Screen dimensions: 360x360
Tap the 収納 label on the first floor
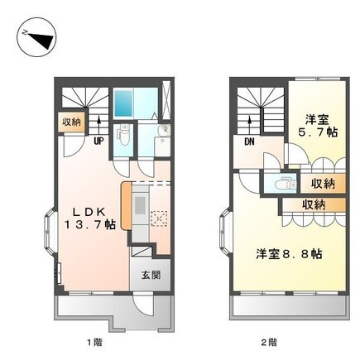point(72,122)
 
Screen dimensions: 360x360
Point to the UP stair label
point(98,141)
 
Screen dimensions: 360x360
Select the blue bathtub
point(124,103)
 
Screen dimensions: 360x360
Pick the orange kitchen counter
point(125,206)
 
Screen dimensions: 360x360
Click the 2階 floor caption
point(267,341)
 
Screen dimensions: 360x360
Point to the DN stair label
point(248,141)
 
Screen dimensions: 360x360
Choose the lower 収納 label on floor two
point(312,204)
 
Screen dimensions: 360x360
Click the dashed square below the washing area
point(159,219)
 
